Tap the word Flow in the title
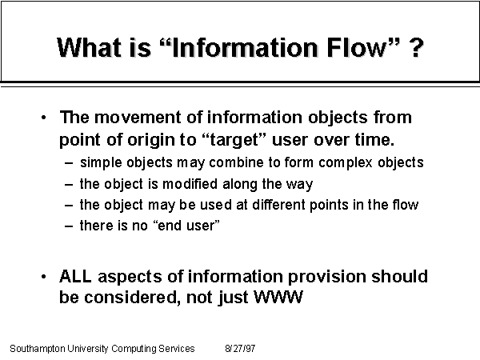358,47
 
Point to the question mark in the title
416,48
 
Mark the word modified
190,184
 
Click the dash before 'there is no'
69,226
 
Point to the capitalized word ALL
75,276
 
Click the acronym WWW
278,298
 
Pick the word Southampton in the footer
38,349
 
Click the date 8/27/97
240,348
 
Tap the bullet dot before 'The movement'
43,118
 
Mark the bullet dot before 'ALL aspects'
43,277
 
